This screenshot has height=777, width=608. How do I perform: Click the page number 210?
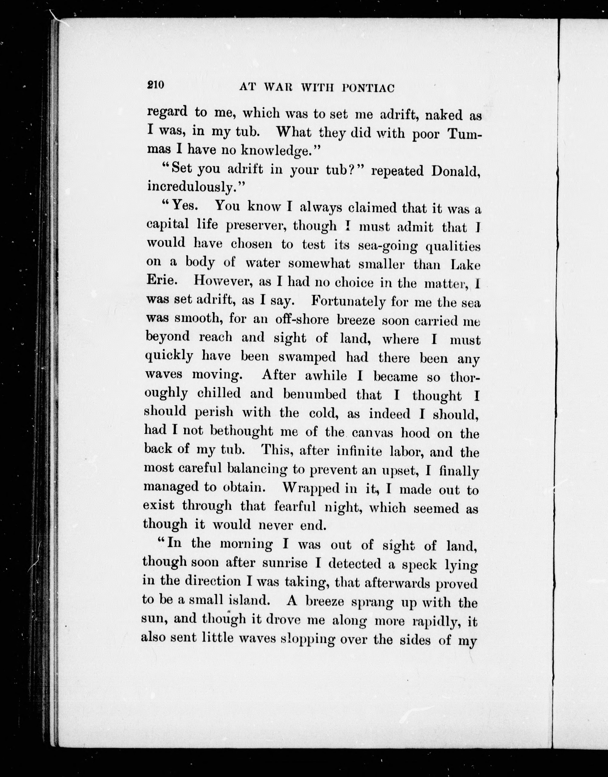click(156, 85)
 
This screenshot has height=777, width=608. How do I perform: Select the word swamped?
click(306, 357)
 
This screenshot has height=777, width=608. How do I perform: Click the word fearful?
click(295, 507)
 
